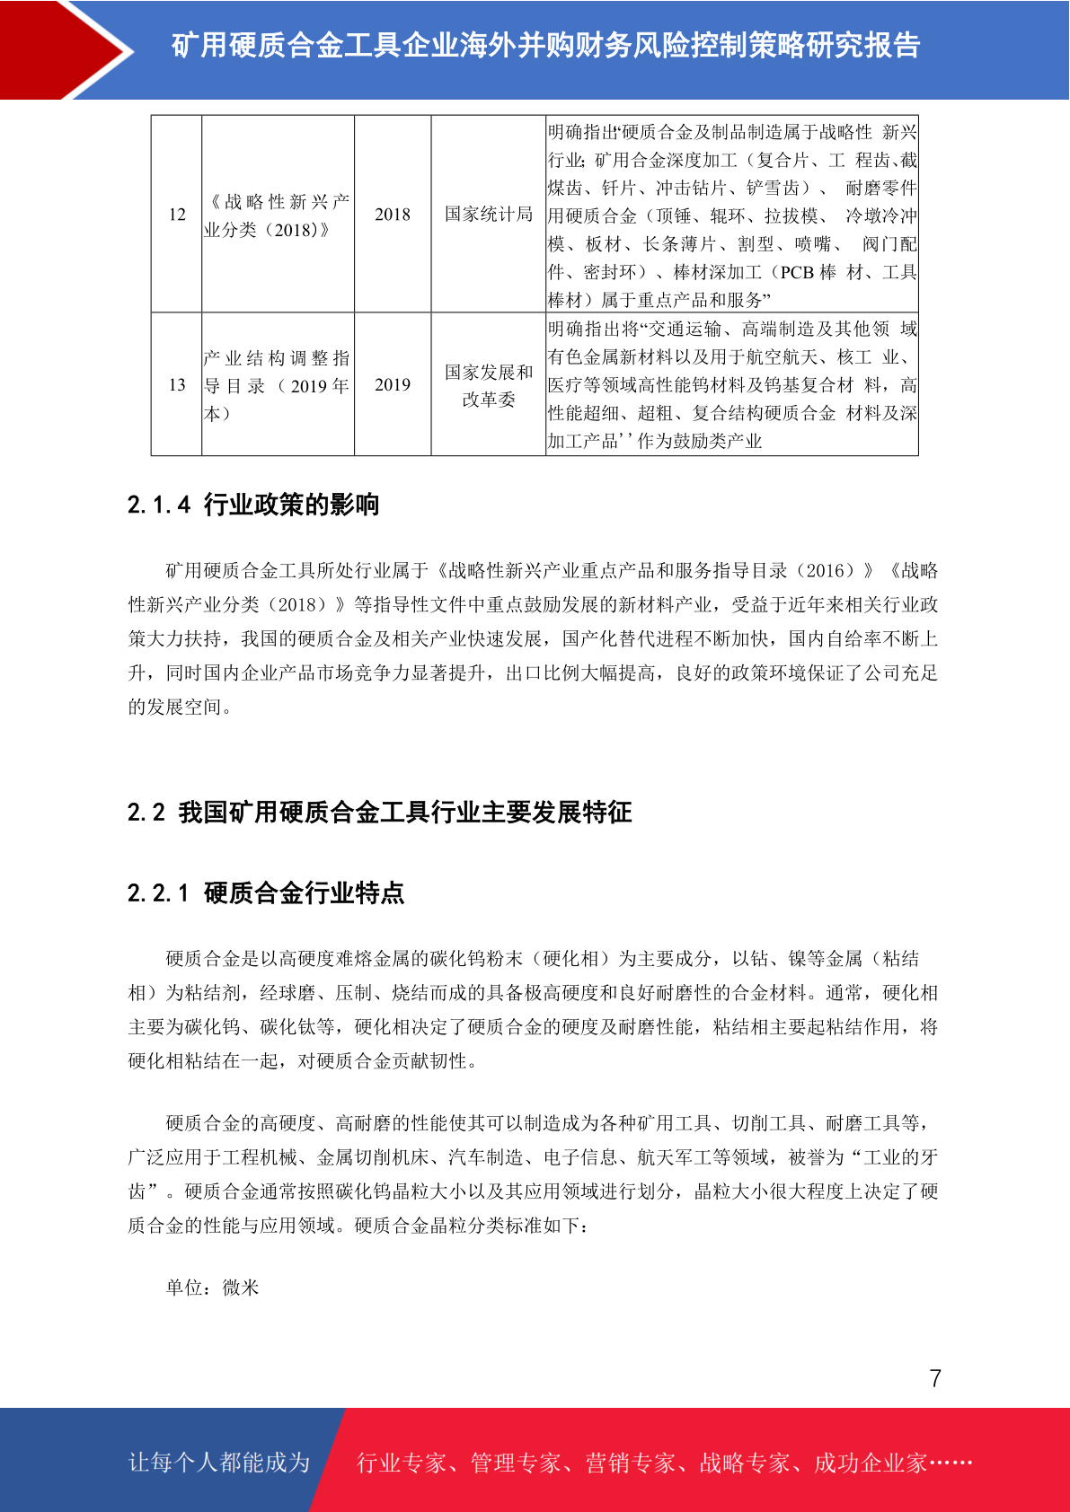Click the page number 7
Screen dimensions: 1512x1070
tap(935, 1378)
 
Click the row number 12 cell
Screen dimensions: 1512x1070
tap(177, 215)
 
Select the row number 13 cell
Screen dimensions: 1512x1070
tap(177, 385)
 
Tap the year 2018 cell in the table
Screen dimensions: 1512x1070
tap(393, 215)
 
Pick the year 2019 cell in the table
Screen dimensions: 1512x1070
tap(393, 385)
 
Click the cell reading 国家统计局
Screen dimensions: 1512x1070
tap(489, 215)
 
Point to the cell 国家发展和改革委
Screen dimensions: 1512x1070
tap(489, 385)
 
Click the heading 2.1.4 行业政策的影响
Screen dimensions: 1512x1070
tap(253, 505)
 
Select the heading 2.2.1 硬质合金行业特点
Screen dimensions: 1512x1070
tap(266, 892)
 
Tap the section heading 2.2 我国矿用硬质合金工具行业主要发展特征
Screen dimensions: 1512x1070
tap(379, 813)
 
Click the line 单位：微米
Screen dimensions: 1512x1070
tap(213, 1288)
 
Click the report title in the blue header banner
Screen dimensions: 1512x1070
tap(545, 45)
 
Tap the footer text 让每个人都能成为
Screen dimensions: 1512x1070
tap(219, 1463)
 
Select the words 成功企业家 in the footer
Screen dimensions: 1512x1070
tap(870, 1464)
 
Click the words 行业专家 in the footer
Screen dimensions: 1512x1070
tap(402, 1464)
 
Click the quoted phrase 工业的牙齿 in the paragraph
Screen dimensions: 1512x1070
tap(898, 1157)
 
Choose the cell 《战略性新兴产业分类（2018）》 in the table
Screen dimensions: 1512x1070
tap(278, 215)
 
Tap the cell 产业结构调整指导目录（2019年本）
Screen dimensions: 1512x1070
tap(278, 385)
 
